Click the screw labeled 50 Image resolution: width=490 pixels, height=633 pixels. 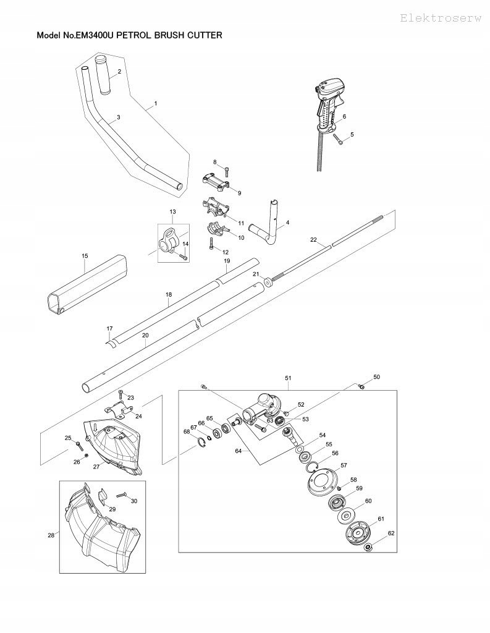click(x=362, y=388)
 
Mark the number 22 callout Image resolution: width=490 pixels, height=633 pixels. click(x=313, y=239)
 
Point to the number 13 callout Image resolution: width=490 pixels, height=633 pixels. click(x=172, y=212)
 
